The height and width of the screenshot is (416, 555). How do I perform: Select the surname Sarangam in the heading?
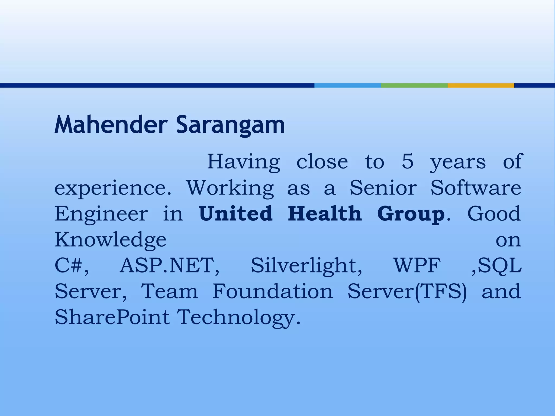[230, 125]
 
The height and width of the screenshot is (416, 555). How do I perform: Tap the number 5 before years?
[408, 162]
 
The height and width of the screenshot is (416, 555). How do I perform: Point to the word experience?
[113, 188]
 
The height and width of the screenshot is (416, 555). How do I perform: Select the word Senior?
[383, 188]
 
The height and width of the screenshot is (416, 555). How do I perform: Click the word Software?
[476, 188]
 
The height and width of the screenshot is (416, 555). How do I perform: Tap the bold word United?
[235, 213]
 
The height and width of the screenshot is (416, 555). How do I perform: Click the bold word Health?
[325, 213]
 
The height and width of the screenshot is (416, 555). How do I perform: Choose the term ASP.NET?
[169, 265]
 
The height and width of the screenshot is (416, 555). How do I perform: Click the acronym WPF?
[417, 265]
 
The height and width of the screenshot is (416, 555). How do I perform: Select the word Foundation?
[272, 291]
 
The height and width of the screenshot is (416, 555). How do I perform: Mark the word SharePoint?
[112, 317]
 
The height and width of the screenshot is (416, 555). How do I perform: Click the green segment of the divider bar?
[414, 86]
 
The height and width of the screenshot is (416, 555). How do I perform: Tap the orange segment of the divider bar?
[481, 86]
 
